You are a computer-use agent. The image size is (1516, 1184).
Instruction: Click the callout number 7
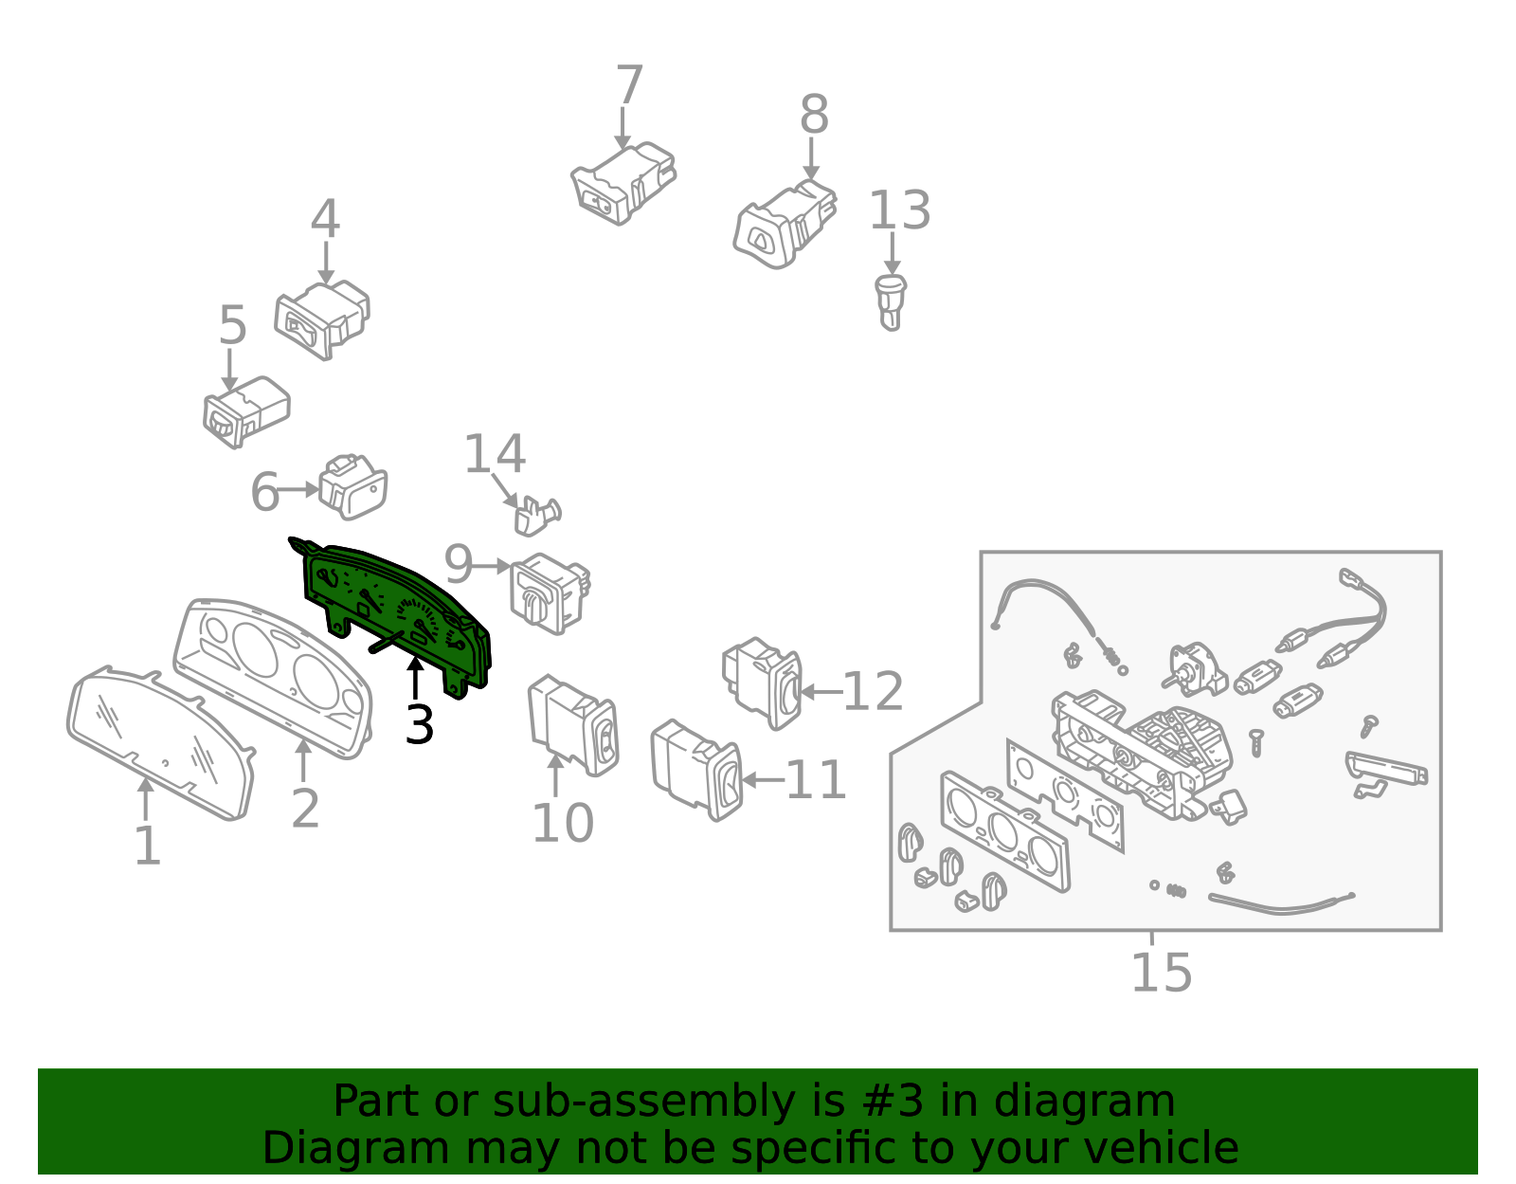point(629,85)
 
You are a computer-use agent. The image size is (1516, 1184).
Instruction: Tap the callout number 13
point(899,210)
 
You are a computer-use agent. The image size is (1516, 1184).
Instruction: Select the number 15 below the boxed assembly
point(1161,973)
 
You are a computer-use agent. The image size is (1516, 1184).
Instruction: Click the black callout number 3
point(420,724)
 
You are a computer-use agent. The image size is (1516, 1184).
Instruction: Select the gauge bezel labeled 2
point(273,678)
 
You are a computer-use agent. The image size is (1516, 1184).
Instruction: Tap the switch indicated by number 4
point(321,320)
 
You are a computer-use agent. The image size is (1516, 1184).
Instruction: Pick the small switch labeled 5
point(245,411)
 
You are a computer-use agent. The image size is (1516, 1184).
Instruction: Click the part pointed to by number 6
point(352,487)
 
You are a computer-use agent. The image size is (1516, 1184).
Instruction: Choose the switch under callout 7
point(623,184)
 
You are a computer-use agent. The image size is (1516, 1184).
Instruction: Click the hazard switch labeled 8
point(785,224)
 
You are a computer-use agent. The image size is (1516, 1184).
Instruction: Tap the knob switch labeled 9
point(550,593)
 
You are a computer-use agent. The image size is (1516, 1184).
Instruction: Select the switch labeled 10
point(573,725)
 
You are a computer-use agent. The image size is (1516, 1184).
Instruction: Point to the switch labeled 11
point(696,770)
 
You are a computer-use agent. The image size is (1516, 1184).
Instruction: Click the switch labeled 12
point(762,683)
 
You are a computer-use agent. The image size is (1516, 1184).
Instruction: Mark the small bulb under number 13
point(891,302)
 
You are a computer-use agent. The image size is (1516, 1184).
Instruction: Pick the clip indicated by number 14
point(537,516)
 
